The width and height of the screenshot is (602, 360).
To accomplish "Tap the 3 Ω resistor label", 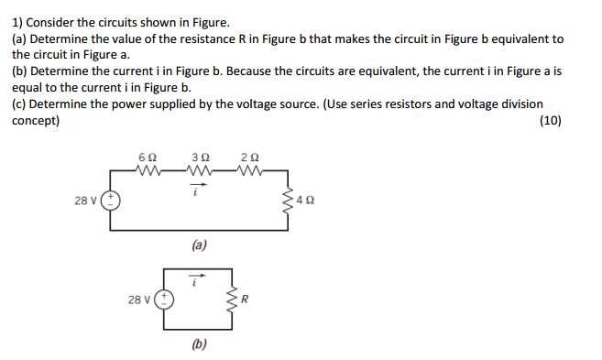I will (200, 158).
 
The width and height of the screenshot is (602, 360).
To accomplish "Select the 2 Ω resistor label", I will (250, 158).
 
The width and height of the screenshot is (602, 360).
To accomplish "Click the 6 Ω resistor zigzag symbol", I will (148, 170).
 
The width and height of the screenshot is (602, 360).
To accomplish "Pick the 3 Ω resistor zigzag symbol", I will (200, 170).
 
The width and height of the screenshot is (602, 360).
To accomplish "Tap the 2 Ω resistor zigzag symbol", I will (250, 170).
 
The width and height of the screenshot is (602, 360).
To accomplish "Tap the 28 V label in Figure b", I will (137, 299).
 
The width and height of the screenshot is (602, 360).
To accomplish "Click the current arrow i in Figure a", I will (199, 184).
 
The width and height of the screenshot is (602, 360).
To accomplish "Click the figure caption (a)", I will (199, 245).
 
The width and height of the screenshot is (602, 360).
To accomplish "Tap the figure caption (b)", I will (199, 344).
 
